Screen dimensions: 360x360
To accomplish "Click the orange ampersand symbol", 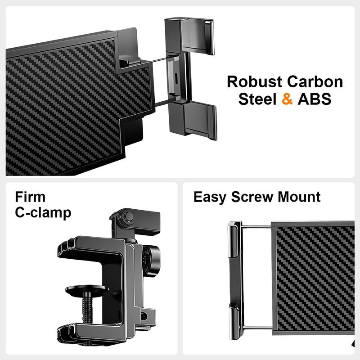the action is point(287,99).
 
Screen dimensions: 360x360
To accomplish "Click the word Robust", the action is point(254,82).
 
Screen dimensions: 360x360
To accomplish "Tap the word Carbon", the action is point(315,82).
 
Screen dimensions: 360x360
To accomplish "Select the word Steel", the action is point(257,99).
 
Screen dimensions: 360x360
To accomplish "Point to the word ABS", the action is point(315,99).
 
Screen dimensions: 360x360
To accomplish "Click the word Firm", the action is point(30,197).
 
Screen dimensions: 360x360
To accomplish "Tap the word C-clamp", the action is point(43,213).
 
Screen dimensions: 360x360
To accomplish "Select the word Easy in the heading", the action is point(210,197).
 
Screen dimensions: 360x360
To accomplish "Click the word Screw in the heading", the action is point(252,197).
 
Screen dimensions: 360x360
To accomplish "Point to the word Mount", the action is point(299,197).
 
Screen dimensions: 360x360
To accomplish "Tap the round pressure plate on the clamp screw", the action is point(87,290).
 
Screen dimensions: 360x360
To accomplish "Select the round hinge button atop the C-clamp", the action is point(128,216).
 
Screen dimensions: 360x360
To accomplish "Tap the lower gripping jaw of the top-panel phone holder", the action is point(193,120).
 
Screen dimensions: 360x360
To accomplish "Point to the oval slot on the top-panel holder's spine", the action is point(176,79).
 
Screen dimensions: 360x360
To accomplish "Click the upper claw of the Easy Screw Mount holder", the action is point(234,239).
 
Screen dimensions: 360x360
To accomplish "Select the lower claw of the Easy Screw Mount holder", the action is point(235,321).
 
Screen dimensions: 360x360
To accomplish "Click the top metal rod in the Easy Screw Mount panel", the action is point(256,227).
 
